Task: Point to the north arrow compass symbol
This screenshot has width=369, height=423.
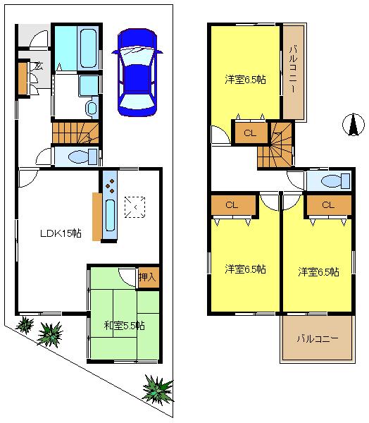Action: click(x=349, y=125)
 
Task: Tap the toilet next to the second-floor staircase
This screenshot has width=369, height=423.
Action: click(x=330, y=181)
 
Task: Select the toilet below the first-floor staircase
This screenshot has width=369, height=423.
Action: click(x=77, y=157)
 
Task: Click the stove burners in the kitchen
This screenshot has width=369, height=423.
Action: click(x=111, y=184)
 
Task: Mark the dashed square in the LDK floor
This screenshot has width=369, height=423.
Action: click(x=134, y=206)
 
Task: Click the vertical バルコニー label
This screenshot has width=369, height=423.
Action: click(x=294, y=71)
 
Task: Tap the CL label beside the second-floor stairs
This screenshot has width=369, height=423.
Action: click(x=250, y=133)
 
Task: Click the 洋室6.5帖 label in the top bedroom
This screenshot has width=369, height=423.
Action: click(x=244, y=80)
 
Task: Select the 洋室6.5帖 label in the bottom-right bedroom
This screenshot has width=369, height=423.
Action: click(x=318, y=271)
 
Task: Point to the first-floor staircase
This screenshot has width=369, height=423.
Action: click(x=74, y=131)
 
